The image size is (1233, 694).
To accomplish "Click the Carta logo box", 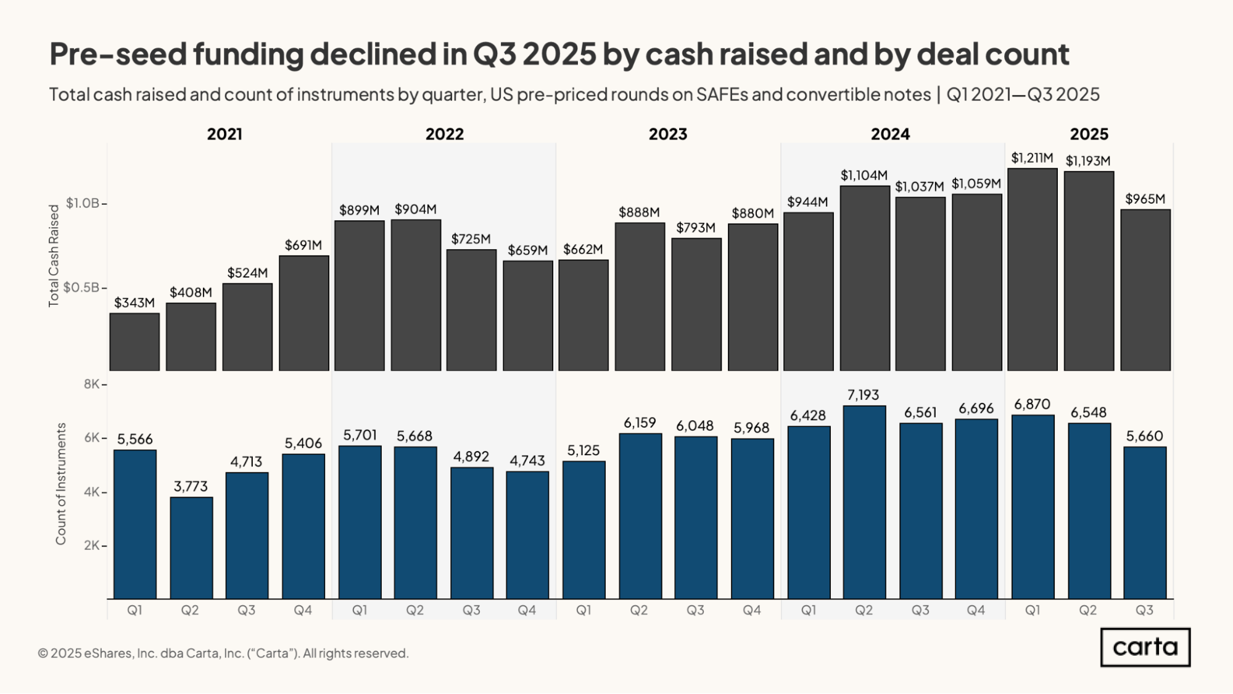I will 1145,647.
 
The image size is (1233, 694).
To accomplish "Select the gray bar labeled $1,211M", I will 1032,269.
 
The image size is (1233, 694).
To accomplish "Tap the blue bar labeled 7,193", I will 864,502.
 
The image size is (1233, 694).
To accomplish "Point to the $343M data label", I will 134,303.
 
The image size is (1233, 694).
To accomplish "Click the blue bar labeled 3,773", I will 191,548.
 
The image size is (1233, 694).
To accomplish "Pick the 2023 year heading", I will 667,134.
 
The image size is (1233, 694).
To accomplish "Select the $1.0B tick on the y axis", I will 83,204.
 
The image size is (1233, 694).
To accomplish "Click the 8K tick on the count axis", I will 92,385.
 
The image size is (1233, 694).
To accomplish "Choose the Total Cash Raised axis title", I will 54,256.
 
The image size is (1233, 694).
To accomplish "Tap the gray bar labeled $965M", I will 1145,290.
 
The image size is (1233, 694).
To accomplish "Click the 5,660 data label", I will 1144,436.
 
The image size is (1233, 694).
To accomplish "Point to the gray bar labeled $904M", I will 416,295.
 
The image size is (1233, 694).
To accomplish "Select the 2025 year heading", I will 1089,134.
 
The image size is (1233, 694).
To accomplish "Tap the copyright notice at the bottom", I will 223,653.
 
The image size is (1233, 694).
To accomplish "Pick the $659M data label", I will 527,250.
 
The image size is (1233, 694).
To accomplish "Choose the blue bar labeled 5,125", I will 584,530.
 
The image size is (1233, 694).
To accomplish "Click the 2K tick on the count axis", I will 92,546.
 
